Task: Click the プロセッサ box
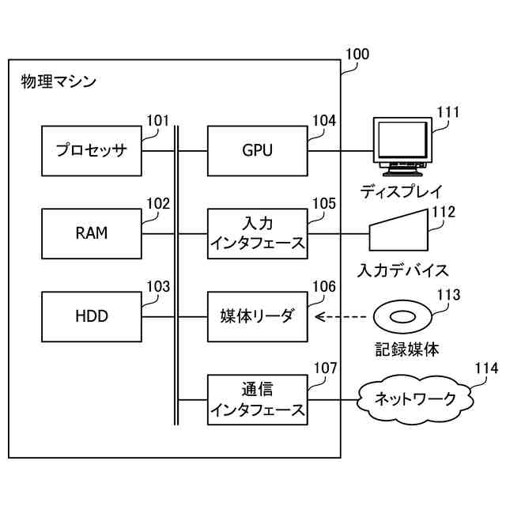pyautogui.click(x=92, y=151)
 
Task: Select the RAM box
pyautogui.click(x=92, y=234)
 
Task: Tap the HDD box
pyautogui.click(x=92, y=316)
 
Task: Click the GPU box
pyautogui.click(x=258, y=151)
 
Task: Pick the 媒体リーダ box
pyautogui.click(x=258, y=316)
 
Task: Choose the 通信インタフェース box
pyautogui.click(x=258, y=399)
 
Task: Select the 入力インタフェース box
pyautogui.click(x=258, y=234)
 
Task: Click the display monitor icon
pyautogui.click(x=402, y=147)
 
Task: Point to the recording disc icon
pyautogui.click(x=402, y=317)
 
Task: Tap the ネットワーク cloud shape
pyautogui.click(x=415, y=399)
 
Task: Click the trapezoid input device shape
pyautogui.click(x=398, y=230)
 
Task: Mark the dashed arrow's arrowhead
pyautogui.click(x=319, y=317)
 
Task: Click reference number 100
pyautogui.click(x=357, y=55)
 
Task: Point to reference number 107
pyautogui.click(x=325, y=368)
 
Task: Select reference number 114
pyautogui.click(x=486, y=368)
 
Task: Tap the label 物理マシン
pyautogui.click(x=59, y=81)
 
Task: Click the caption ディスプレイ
pyautogui.click(x=401, y=191)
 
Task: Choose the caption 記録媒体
pyautogui.click(x=407, y=349)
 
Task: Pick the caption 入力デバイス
pyautogui.click(x=403, y=270)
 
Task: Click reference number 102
pyautogui.click(x=158, y=204)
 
